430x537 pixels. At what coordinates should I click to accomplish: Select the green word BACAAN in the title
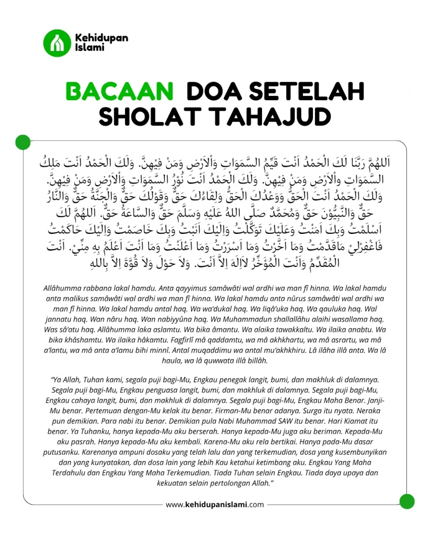point(120,91)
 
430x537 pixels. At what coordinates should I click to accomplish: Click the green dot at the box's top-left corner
point(23,142)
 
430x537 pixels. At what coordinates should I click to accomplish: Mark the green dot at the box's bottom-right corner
point(407,501)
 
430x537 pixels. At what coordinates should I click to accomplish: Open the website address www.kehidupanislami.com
point(215,505)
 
